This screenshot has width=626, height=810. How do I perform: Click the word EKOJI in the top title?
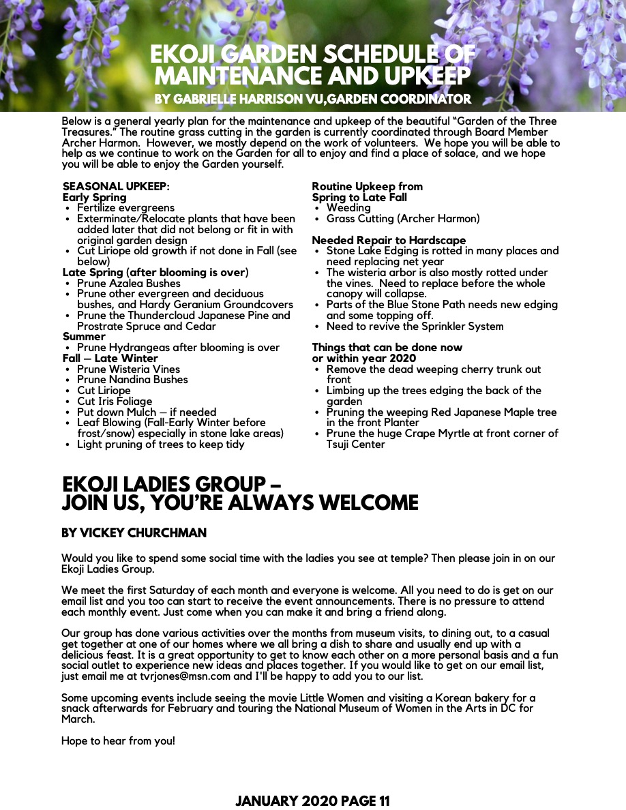(183, 55)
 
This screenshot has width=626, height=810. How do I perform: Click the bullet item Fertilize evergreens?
(125, 208)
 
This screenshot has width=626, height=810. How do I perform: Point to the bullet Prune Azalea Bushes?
(128, 283)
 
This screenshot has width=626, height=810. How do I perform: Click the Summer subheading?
(84, 337)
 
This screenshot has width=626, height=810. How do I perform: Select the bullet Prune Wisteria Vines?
(128, 369)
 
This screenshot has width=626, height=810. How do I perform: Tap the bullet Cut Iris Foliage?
(115, 402)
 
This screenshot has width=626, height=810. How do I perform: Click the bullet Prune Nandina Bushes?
(132, 380)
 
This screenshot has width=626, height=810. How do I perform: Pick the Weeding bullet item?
(348, 208)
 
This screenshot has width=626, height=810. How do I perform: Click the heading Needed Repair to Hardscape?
(389, 240)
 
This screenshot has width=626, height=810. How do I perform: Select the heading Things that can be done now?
(387, 348)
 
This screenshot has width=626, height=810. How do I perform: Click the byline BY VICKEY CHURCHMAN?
(134, 533)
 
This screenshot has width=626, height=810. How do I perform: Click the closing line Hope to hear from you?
(118, 740)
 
